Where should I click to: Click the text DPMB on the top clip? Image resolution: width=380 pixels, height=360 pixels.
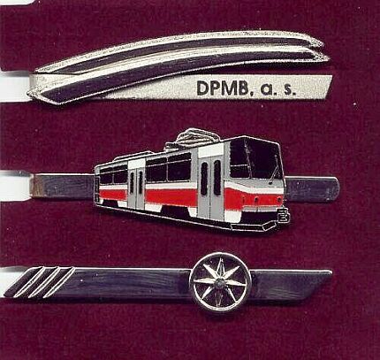[x=223, y=88]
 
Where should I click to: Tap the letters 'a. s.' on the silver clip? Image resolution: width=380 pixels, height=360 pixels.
[x=277, y=88]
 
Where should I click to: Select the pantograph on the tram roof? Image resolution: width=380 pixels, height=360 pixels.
[x=195, y=137]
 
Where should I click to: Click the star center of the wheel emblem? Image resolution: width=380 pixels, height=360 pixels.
[x=219, y=282]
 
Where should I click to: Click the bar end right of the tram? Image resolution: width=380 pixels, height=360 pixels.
[x=312, y=189]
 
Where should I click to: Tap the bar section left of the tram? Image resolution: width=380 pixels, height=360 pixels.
[x=63, y=187]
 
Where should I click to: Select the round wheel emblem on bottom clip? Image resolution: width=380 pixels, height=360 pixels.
[x=220, y=282]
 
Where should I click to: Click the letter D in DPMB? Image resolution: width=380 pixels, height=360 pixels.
[x=202, y=88]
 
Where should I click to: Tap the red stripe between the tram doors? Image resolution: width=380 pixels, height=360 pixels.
[x=171, y=197]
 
